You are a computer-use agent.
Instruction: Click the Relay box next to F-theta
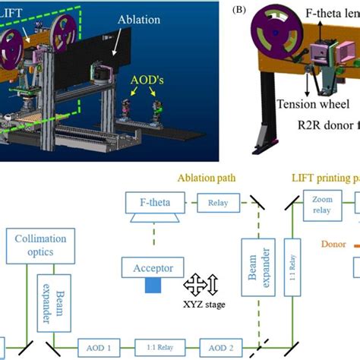218,203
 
